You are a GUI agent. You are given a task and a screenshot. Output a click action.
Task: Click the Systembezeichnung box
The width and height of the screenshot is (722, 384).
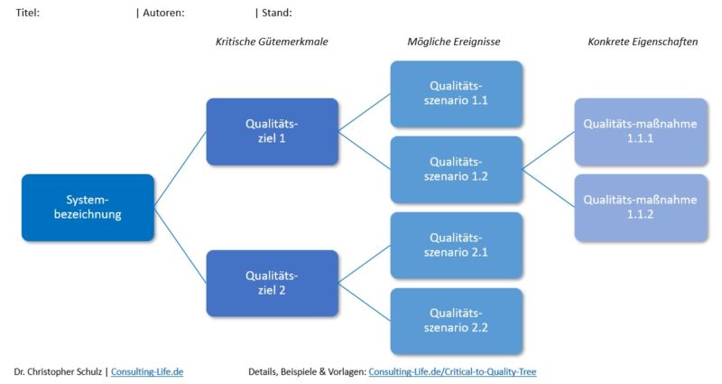[88, 207]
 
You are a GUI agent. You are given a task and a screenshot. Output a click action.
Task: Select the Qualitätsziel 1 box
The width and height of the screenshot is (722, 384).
[272, 132]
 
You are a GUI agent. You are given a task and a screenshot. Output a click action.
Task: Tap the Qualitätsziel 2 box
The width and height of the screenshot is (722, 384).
[272, 284]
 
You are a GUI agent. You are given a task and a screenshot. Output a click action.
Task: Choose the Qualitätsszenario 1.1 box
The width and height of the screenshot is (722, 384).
[456, 93]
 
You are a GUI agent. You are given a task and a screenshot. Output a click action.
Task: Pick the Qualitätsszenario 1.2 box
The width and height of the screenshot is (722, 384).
[456, 169]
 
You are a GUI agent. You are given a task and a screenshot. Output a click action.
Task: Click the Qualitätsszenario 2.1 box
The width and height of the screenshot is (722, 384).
[456, 245]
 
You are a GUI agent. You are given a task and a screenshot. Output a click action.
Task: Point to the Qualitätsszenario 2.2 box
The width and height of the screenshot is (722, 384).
[456, 321]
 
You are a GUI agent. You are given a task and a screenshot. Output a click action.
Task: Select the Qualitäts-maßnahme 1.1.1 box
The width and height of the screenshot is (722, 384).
[640, 132]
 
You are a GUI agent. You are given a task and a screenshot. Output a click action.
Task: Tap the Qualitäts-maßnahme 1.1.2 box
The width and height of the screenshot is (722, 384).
[640, 207]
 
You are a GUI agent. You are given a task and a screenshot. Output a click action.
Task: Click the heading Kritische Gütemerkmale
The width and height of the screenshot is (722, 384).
[271, 42]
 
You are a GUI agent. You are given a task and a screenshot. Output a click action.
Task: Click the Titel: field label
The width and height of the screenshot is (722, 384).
[28, 13]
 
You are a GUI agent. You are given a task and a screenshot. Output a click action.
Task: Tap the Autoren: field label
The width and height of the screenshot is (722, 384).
[163, 13]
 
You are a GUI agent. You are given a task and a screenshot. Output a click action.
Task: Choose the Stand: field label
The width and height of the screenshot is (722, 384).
[276, 13]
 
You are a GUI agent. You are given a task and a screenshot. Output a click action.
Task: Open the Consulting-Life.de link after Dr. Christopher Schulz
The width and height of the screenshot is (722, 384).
[147, 371]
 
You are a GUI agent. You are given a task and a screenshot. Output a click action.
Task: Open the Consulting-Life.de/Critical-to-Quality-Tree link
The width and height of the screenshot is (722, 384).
[452, 371]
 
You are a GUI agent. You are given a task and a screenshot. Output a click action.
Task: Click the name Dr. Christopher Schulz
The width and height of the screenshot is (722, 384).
[59, 371]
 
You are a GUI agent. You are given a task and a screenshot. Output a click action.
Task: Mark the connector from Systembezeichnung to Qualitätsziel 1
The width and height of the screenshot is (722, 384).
[180, 170]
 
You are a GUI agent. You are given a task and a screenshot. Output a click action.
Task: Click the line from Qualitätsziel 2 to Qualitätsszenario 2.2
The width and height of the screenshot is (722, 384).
[364, 302]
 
